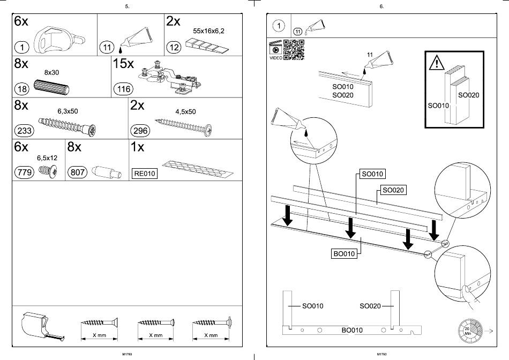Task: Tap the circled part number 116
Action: click(123, 89)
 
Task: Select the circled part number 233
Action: click(25, 130)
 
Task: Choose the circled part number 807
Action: click(78, 172)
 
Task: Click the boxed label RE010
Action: click(145, 174)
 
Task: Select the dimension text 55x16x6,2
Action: click(208, 31)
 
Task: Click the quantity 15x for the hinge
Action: click(123, 63)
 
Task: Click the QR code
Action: click(294, 50)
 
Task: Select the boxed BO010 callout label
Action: click(344, 254)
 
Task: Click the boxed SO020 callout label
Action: click(393, 190)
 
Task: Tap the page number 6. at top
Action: click(381, 6)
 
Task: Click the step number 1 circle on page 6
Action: click(278, 25)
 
